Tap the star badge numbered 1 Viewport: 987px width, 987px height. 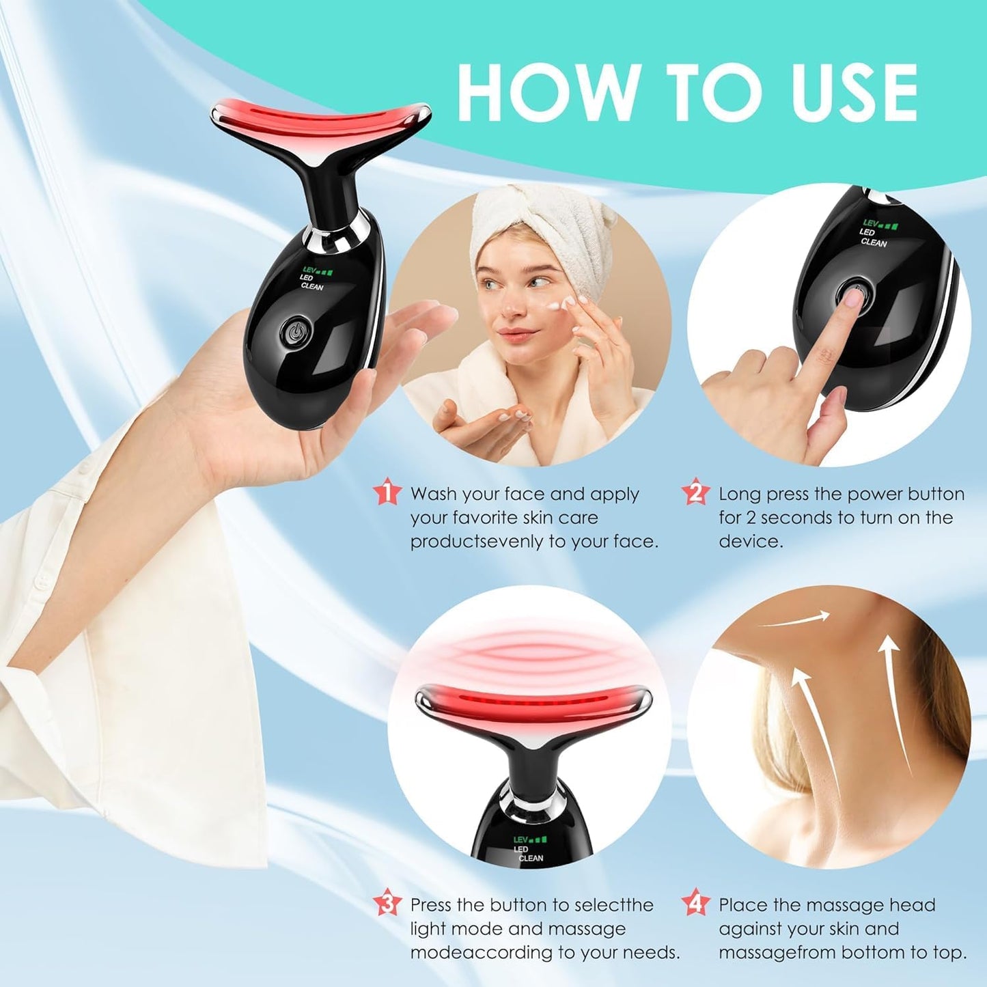click(x=387, y=492)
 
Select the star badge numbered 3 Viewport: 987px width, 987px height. click(x=387, y=904)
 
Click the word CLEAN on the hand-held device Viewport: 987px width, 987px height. click(x=312, y=286)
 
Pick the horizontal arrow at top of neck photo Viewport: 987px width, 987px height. click(x=796, y=620)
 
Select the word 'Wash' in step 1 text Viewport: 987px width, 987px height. click(x=433, y=494)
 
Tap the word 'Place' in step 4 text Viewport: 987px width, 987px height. click(x=744, y=905)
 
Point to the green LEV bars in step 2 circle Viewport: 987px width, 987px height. click(x=889, y=225)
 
